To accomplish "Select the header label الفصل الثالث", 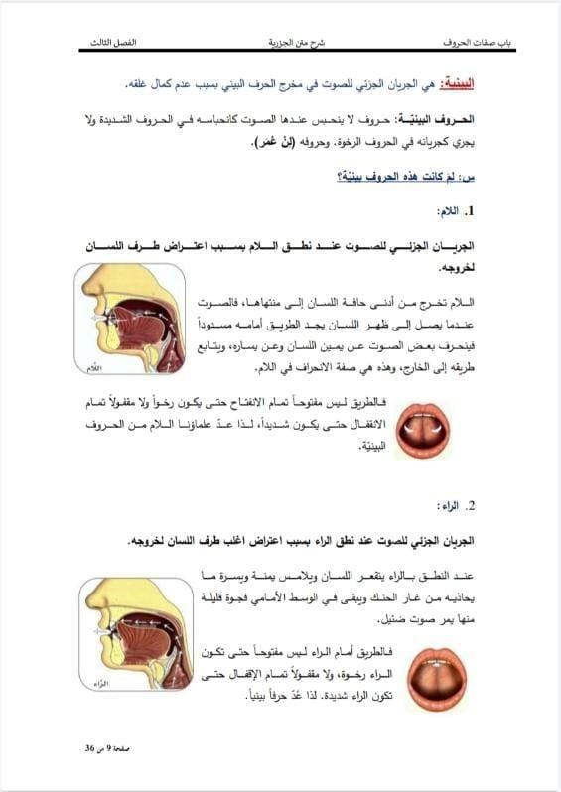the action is coord(113,44).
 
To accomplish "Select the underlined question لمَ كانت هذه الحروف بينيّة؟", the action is coord(403,176).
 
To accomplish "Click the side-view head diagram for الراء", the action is coord(130,634).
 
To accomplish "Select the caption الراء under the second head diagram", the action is coord(96,684).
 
